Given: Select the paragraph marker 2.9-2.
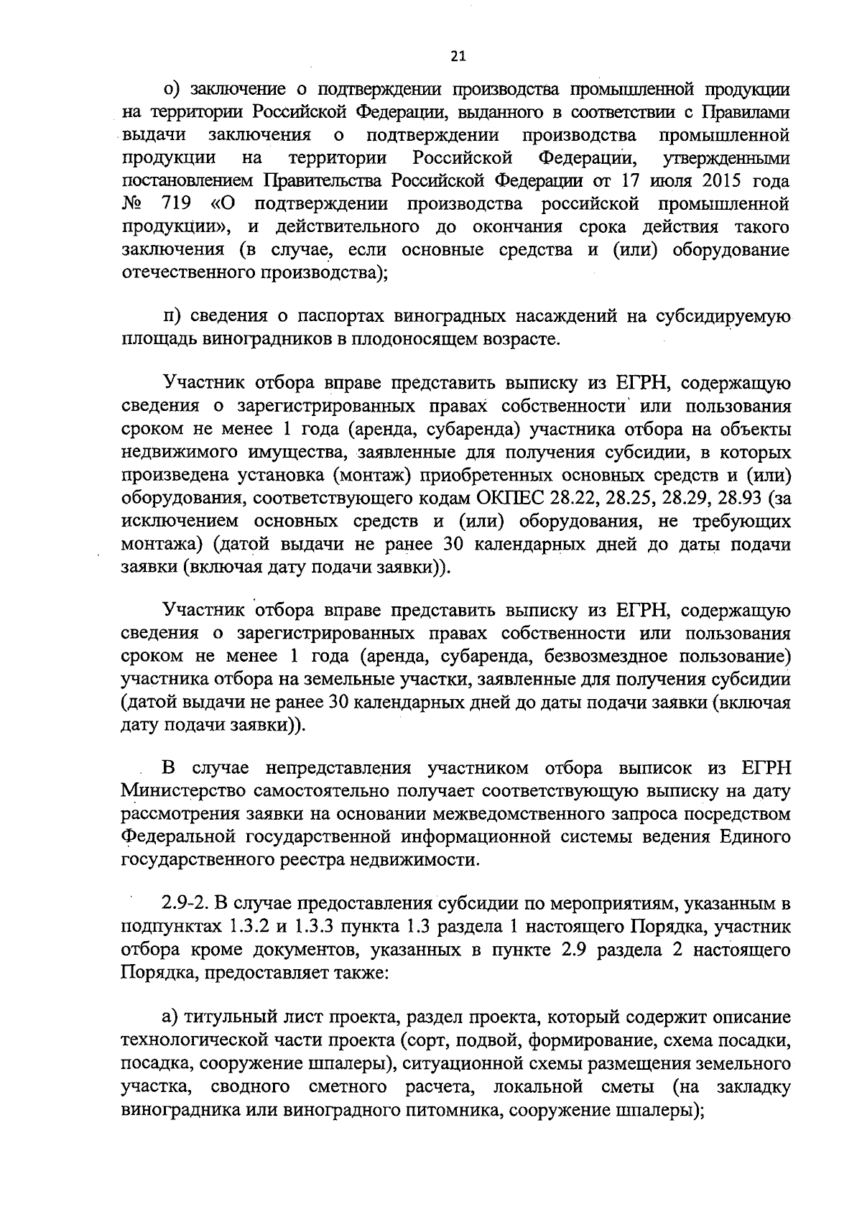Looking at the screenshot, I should point(186,903).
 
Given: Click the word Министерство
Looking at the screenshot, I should point(191,792).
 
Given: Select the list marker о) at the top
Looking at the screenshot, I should point(172,89).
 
